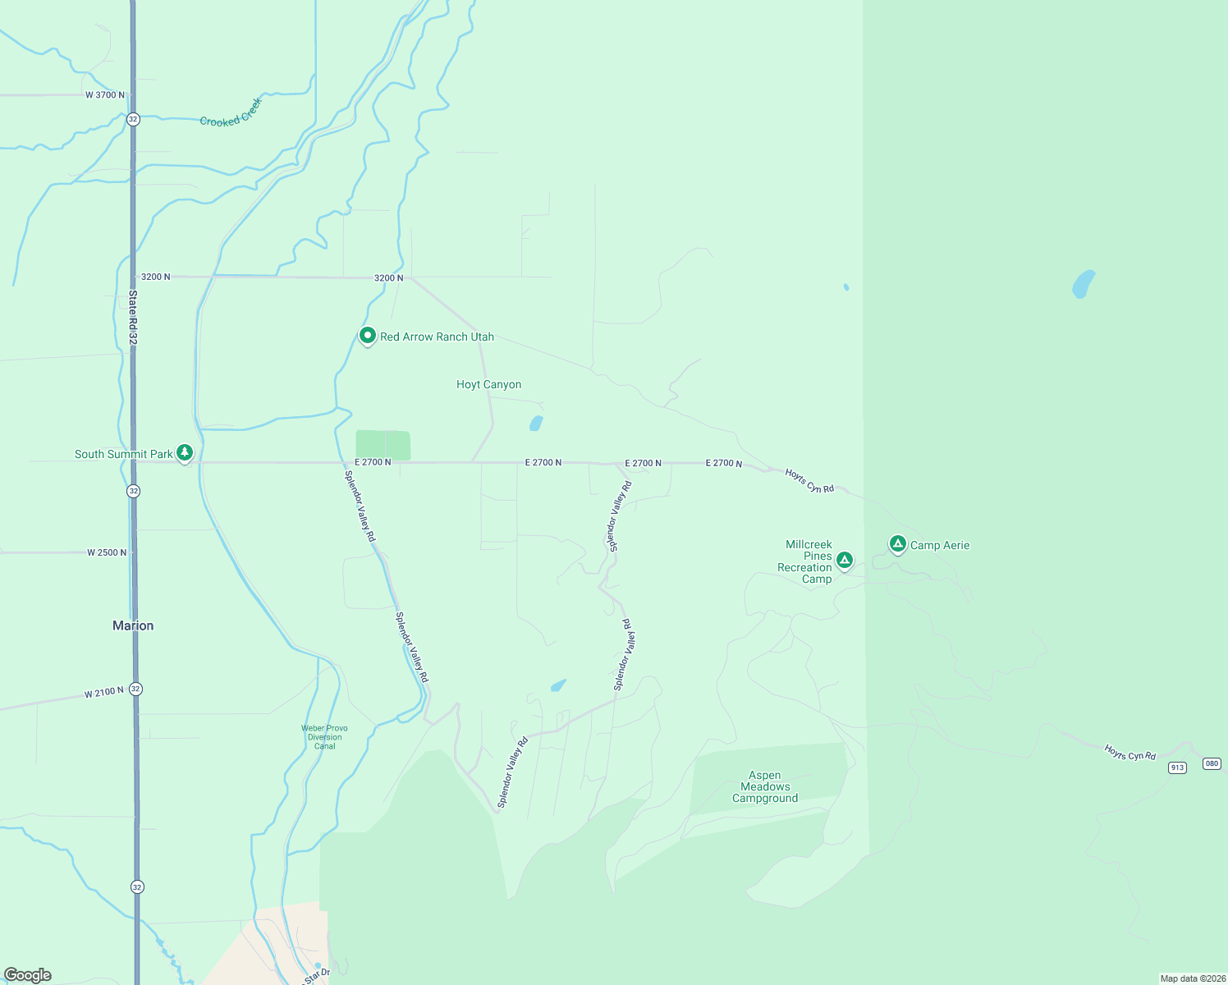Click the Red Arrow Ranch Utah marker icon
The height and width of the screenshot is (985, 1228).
point(368,336)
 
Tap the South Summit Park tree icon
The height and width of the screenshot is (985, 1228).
point(185,453)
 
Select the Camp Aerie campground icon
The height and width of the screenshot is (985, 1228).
point(898,544)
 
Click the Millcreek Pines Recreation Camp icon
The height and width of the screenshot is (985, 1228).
point(844,561)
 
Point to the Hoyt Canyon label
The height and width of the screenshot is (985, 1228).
point(488,384)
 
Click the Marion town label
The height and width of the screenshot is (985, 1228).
point(133,625)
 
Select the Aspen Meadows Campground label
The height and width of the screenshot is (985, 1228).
point(765,786)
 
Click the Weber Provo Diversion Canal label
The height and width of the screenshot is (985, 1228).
point(325,737)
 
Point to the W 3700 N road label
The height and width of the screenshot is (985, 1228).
point(105,95)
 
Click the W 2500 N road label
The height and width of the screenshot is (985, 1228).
point(107,552)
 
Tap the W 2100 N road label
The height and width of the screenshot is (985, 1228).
point(104,694)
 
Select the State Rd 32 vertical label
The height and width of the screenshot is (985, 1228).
point(132,316)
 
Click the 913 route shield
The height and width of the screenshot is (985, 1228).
point(1178,767)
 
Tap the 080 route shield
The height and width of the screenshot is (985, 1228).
point(1212,763)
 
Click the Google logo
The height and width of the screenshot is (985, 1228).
point(28,975)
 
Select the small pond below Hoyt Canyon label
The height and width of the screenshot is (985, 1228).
point(536,424)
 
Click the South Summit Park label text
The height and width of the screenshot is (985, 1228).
point(123,454)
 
